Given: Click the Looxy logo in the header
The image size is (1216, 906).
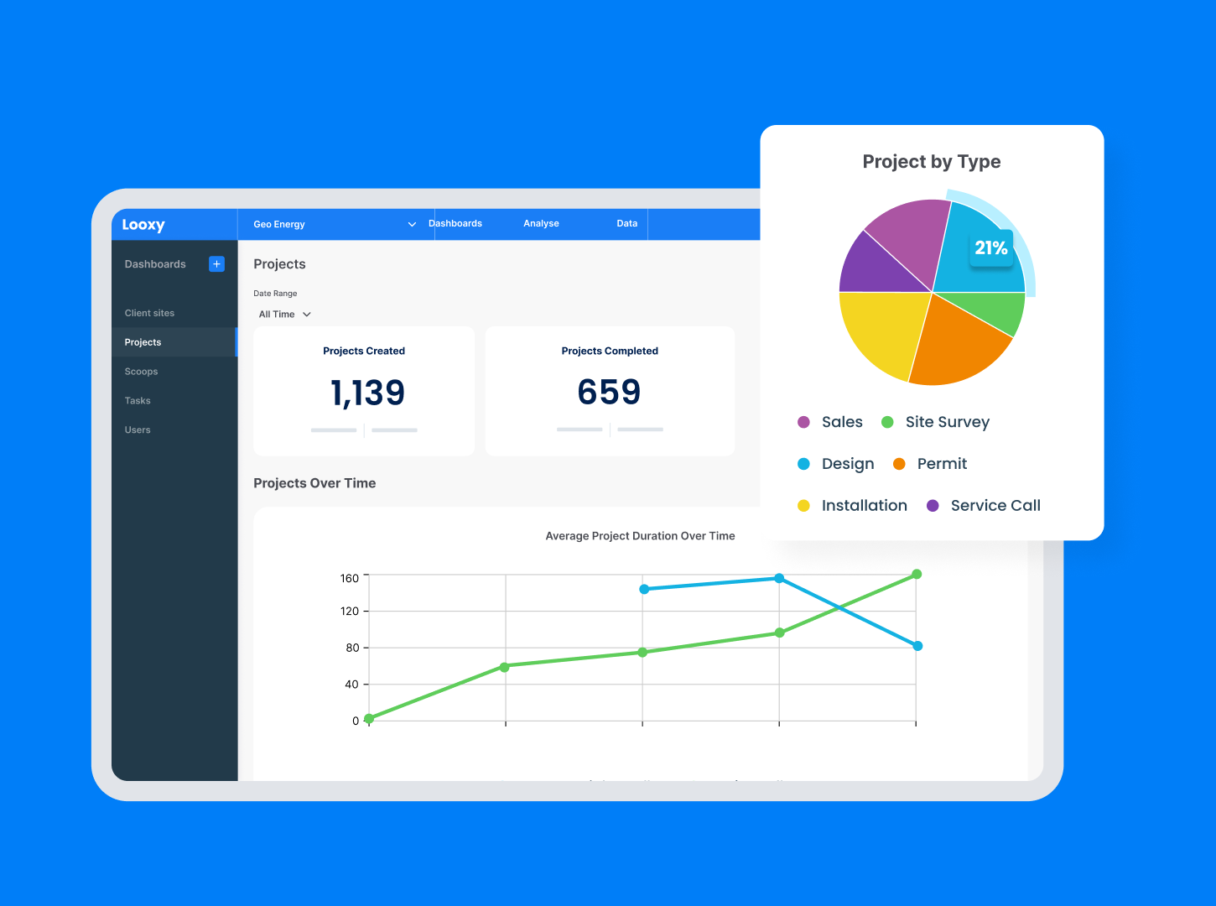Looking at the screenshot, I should pyautogui.click(x=143, y=225).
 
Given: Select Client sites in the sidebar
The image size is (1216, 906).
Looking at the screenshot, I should pyautogui.click(x=149, y=313).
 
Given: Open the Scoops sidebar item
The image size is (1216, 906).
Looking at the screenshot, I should pyautogui.click(x=141, y=372).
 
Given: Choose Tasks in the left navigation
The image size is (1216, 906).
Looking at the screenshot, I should pyautogui.click(x=138, y=401).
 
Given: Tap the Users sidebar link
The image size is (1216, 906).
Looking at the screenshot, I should pyautogui.click(x=138, y=430).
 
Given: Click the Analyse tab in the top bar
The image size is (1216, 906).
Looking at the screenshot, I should pyautogui.click(x=541, y=224).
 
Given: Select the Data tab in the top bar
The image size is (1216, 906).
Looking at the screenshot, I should pyautogui.click(x=626, y=224).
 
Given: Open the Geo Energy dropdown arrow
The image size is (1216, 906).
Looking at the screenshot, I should pyautogui.click(x=412, y=225).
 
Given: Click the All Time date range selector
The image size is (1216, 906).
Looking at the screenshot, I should pyautogui.click(x=284, y=315).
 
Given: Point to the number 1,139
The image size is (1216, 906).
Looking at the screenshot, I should pyautogui.click(x=367, y=393).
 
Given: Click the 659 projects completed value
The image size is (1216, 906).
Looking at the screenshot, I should pyautogui.click(x=610, y=392).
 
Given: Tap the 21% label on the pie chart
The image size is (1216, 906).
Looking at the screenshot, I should pyautogui.click(x=990, y=248).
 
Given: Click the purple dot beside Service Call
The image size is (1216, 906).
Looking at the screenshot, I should pyautogui.click(x=933, y=506).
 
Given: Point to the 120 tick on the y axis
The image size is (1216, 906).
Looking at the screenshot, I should pyautogui.click(x=350, y=612).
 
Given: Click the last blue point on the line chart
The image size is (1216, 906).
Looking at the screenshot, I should pyautogui.click(x=917, y=646).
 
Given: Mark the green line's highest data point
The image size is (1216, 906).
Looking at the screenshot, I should pyautogui.click(x=917, y=575).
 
